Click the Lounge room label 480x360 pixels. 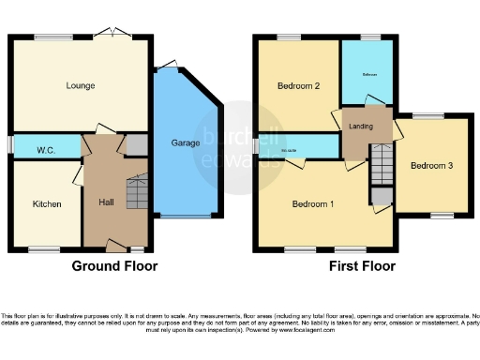(x=81, y=86)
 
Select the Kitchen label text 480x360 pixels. (x=47, y=203)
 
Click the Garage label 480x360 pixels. (x=185, y=143)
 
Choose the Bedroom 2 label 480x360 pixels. (x=299, y=86)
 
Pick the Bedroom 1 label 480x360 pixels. (x=313, y=203)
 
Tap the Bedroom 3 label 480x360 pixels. (x=432, y=166)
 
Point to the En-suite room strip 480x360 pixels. (x=300, y=147)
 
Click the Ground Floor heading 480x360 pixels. (x=114, y=266)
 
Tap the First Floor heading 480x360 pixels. (x=362, y=266)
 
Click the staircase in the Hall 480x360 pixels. (x=137, y=191)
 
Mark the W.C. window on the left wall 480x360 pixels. (x=11, y=145)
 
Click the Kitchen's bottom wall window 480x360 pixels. (x=41, y=249)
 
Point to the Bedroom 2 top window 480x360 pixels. (x=288, y=37)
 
